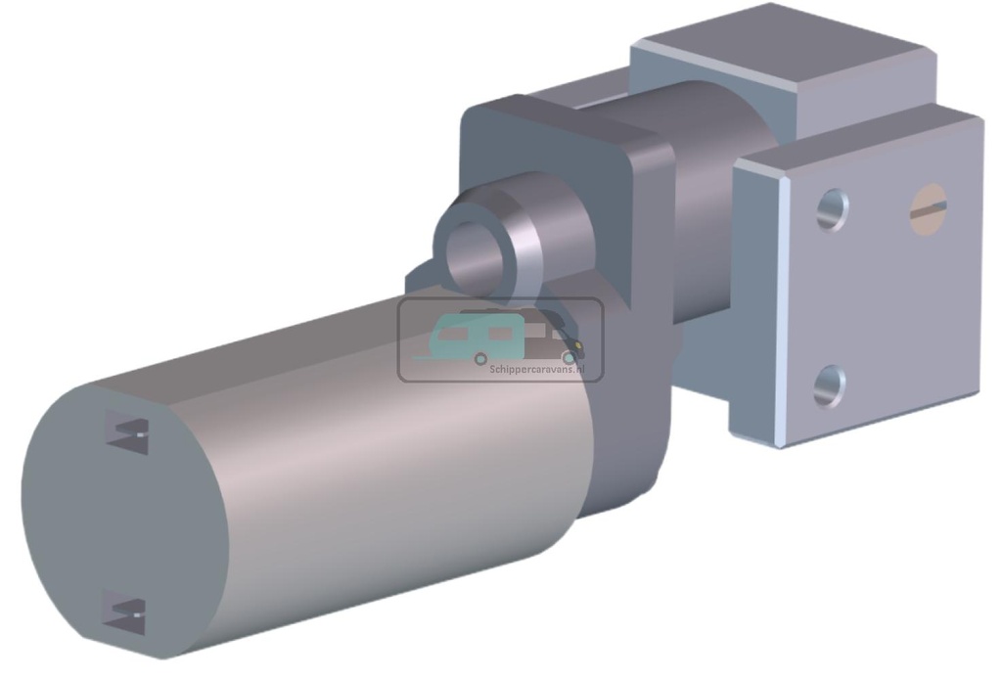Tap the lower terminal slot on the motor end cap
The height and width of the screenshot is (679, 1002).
126,612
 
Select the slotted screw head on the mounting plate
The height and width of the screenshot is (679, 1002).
928,209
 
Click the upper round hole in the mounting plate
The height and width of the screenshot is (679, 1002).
831,209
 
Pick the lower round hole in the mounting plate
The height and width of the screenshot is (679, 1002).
829,385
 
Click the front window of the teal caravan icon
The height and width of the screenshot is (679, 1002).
452,334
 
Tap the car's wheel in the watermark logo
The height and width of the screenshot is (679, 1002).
568,357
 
